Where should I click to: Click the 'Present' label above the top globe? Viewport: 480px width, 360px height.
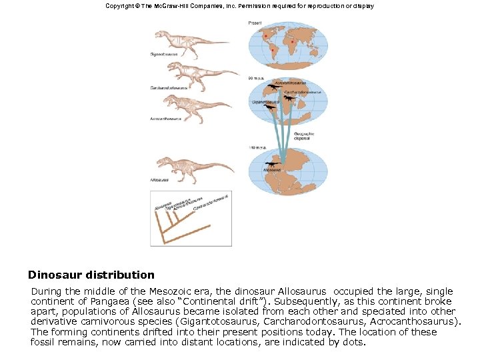click(x=255, y=23)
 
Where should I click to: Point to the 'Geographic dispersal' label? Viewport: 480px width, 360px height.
click(x=304, y=135)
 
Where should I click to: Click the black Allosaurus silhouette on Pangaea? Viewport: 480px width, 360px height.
click(x=272, y=163)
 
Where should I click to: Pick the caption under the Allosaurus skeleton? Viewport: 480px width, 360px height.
click(x=159, y=180)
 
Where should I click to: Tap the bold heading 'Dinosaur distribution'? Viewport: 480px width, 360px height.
click(x=91, y=275)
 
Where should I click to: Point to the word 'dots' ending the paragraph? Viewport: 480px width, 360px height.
click(x=353, y=342)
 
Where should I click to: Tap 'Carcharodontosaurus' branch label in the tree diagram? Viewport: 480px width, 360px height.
click(x=211, y=203)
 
